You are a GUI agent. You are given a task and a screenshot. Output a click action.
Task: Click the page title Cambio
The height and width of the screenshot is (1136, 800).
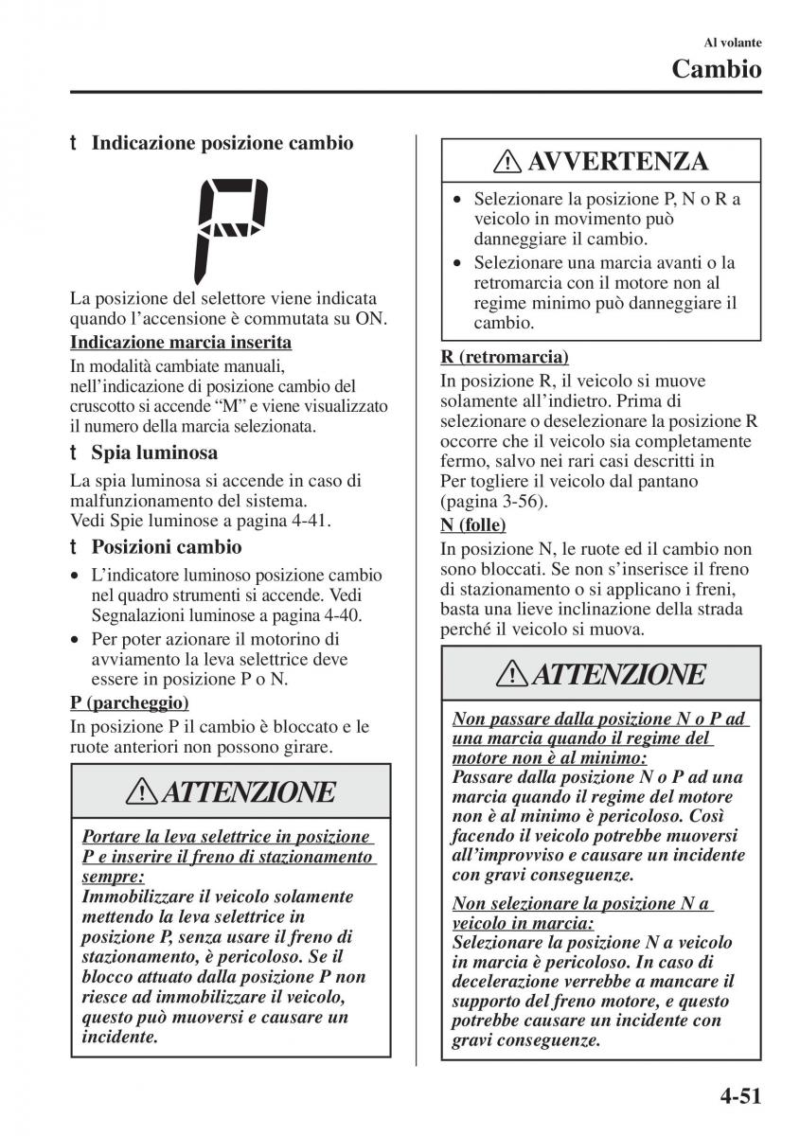point(717,68)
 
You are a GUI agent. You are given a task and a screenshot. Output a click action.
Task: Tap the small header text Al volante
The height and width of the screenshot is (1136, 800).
point(734,42)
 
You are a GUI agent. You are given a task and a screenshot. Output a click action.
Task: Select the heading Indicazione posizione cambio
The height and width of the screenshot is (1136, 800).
point(222,144)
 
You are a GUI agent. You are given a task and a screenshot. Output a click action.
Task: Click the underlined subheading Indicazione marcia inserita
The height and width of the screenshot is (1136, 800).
point(181,343)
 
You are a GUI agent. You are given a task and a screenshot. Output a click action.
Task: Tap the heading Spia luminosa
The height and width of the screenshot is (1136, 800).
point(154,453)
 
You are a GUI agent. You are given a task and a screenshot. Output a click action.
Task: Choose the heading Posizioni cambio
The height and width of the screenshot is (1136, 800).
point(167,546)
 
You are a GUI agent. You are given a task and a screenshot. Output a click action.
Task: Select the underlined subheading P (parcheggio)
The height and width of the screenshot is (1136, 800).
point(130,702)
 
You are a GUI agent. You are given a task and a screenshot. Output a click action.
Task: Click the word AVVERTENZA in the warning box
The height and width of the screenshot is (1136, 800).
point(617,162)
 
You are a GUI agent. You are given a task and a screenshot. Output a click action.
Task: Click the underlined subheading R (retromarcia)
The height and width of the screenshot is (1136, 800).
point(505,357)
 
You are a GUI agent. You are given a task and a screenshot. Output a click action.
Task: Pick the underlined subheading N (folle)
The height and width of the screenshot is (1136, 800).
point(473,524)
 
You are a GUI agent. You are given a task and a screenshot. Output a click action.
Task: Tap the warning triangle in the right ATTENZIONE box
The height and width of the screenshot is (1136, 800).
point(514,674)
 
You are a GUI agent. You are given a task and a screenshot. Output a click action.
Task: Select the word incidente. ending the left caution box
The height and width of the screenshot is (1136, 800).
point(120,1038)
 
